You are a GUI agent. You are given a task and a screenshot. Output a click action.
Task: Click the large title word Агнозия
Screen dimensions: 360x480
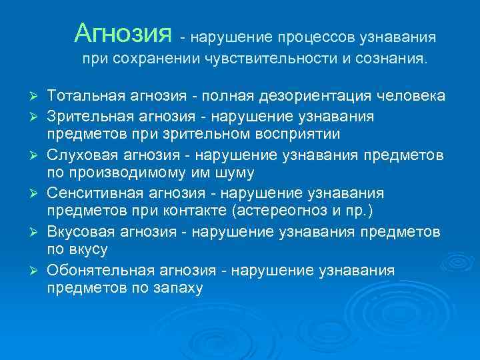(123, 32)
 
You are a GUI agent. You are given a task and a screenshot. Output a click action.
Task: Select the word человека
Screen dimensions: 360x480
(413, 96)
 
